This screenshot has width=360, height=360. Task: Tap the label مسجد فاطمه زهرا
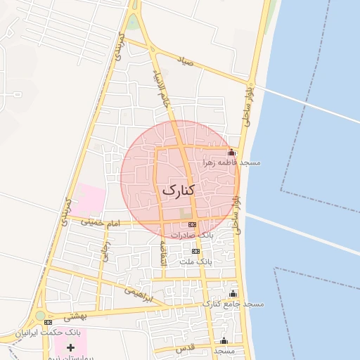coord(232,162)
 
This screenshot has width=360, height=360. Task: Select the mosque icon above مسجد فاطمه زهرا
coord(231,153)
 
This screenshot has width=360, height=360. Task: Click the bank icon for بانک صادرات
coord(193,224)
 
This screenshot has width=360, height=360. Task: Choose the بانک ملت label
coord(195,261)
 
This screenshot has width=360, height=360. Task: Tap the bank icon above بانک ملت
coord(195,251)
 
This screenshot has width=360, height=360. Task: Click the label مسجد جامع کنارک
coord(233,304)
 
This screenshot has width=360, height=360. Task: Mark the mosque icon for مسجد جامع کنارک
coord(233,294)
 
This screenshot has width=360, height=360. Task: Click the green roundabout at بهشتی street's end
coord(41,316)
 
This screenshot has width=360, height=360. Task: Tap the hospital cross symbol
coord(70,347)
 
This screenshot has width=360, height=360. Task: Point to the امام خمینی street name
coord(101,222)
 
